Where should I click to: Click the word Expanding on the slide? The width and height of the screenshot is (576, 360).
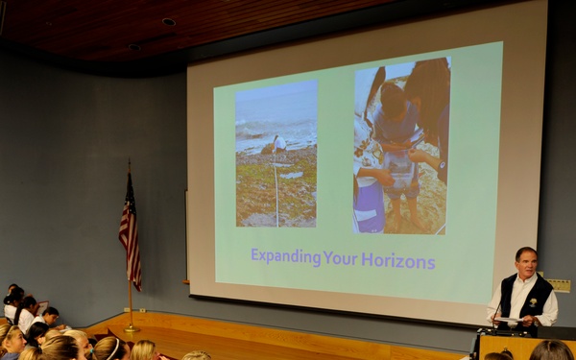click(285, 257)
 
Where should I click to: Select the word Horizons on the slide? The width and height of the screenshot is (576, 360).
click(397, 259)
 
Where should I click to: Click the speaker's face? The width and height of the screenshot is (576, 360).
click(525, 263)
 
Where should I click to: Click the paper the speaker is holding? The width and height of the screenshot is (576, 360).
click(509, 320)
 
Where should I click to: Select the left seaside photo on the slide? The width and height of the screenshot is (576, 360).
click(276, 153)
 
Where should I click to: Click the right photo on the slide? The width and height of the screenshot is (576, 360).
click(401, 145)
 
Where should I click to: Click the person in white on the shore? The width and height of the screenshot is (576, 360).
click(278, 145)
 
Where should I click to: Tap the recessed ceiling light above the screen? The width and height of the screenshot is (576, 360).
click(168, 21)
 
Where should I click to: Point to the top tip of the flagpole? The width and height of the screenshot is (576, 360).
click(130, 162)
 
